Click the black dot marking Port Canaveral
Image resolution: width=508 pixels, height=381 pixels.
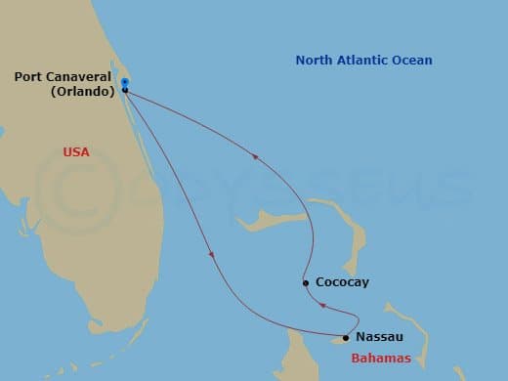(125, 91)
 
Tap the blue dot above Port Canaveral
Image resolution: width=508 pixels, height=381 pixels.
(125, 82)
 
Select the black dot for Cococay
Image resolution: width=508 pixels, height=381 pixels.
(306, 283)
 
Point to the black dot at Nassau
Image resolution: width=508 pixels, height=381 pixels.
(346, 339)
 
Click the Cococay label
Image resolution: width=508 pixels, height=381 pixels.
(342, 282)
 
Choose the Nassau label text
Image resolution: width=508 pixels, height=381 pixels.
(381, 337)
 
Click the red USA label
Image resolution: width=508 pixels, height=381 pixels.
(76, 152)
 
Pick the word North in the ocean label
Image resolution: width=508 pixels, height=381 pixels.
(315, 62)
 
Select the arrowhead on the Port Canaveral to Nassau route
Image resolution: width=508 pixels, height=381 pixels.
(213, 255)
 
